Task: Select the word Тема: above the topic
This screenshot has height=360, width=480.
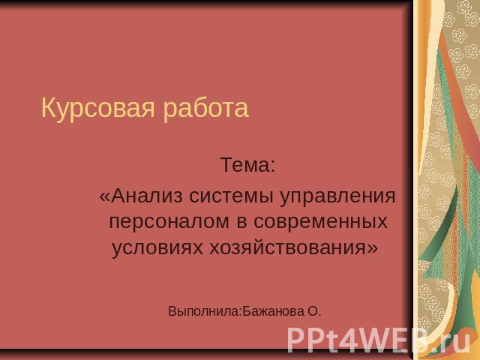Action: (x=248, y=165)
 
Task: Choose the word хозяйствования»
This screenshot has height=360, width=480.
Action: (x=294, y=247)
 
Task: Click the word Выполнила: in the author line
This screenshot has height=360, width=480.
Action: (x=205, y=312)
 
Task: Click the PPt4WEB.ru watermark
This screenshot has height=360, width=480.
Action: (x=379, y=340)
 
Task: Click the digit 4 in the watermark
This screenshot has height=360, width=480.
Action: (x=342, y=340)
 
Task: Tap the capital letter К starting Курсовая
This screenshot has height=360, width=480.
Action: (x=48, y=107)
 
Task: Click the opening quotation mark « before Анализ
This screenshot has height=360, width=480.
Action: (x=104, y=197)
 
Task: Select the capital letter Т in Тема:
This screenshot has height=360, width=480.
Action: (x=226, y=165)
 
